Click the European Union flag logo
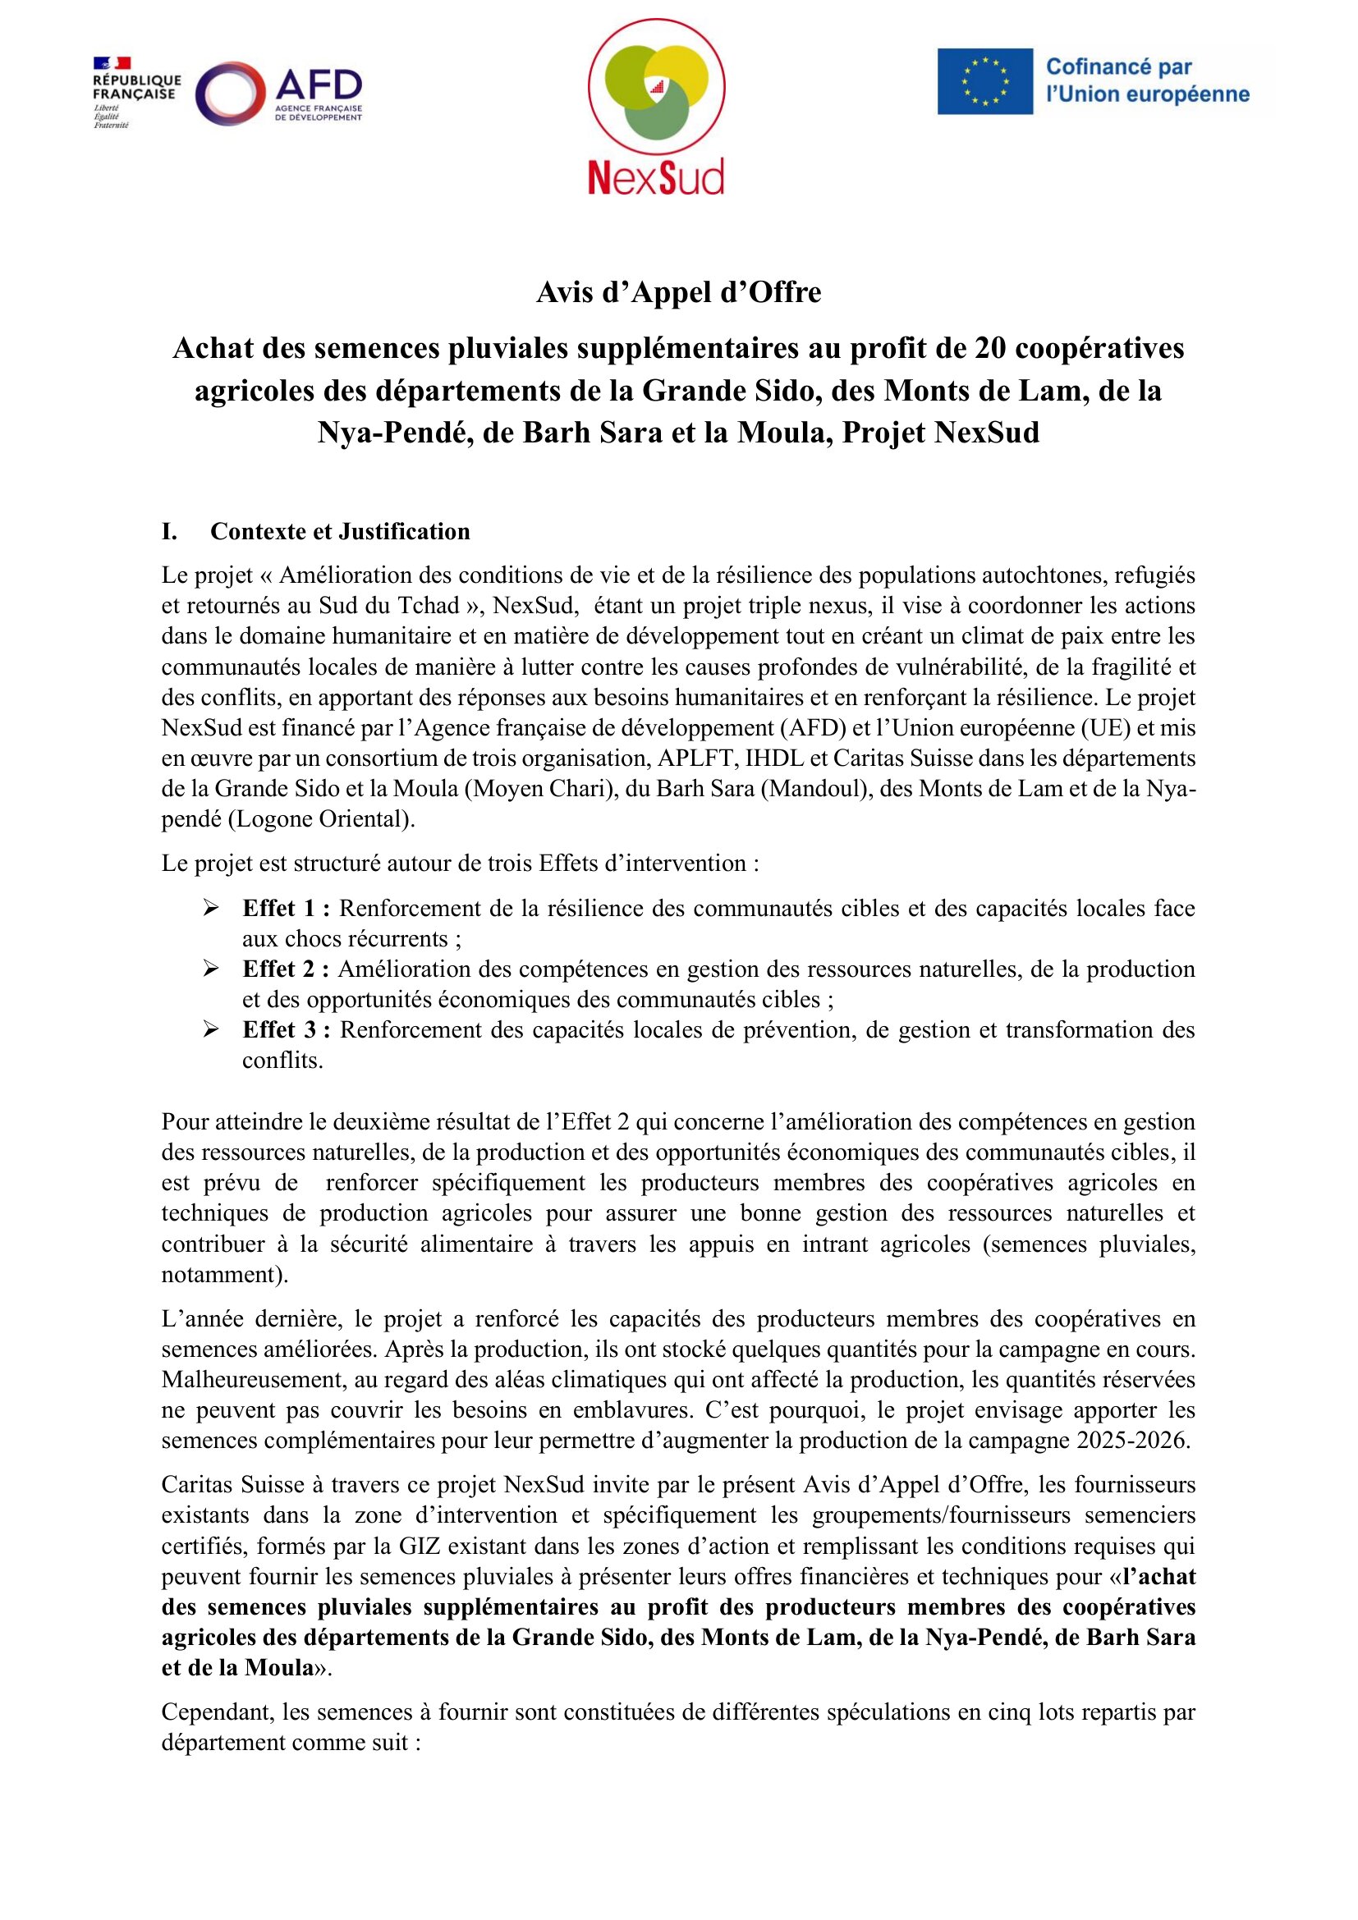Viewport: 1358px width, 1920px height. (984, 81)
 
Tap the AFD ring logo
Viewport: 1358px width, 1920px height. (230, 94)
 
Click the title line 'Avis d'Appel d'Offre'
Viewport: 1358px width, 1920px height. (678, 292)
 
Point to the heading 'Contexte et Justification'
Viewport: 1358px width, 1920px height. (340, 532)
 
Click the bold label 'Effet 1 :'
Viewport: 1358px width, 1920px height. (286, 908)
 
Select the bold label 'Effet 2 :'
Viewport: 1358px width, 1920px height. (286, 969)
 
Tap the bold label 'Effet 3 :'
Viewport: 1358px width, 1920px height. (286, 1030)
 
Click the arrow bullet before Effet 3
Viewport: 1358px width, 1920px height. (211, 1030)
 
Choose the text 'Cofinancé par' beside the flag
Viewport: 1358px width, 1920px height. (1119, 66)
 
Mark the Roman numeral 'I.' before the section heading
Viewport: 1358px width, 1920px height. (169, 532)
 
